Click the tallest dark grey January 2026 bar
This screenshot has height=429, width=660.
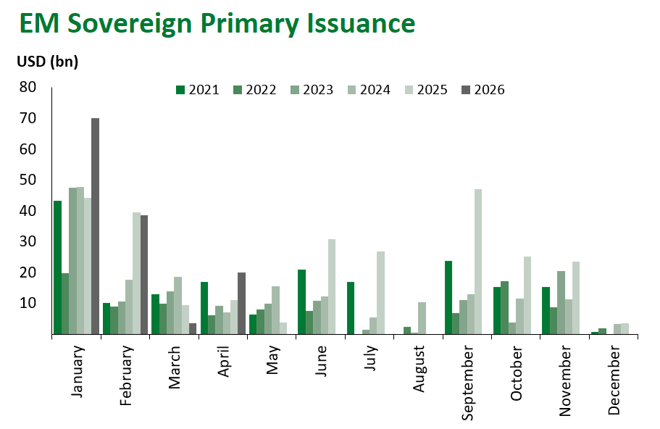coord(95,226)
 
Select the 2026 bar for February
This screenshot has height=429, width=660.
coord(143,275)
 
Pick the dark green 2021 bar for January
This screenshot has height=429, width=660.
coord(57,267)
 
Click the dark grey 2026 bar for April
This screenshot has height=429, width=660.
coord(242,304)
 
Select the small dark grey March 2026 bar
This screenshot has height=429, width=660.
coord(193,329)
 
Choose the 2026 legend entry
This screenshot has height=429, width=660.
coord(484,90)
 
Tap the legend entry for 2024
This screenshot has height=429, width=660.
coord(369,90)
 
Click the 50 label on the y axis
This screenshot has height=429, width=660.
coord(28,180)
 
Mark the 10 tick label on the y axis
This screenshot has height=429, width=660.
coord(28,303)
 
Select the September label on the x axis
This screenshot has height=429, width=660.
coord(467,381)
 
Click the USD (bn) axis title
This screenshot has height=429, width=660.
coord(48,62)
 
